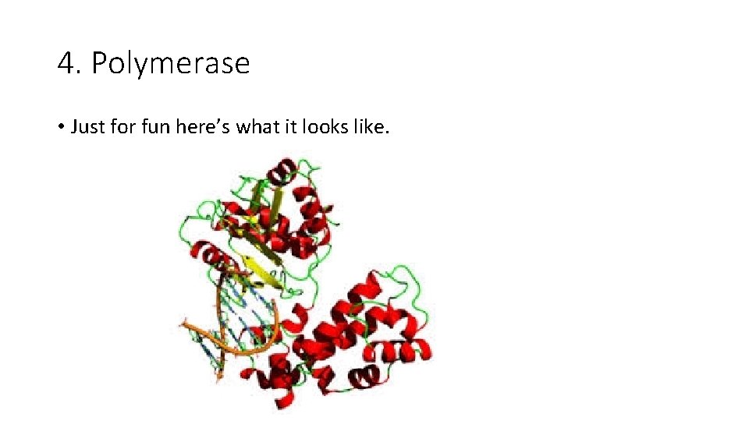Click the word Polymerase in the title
click(171, 64)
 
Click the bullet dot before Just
click(61, 127)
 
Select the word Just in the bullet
click(88, 126)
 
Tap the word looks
click(332, 126)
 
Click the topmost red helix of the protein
click(282, 168)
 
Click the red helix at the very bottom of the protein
click(282, 399)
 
